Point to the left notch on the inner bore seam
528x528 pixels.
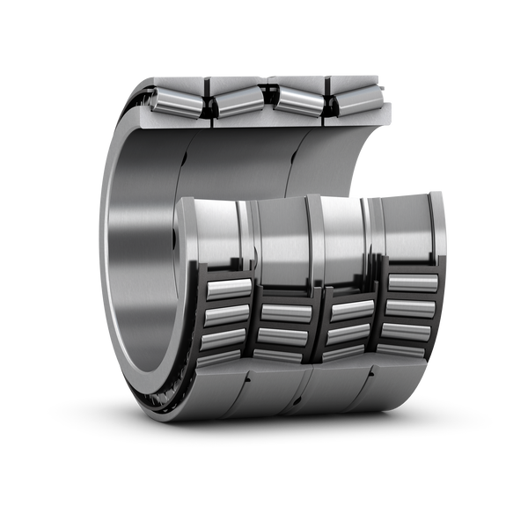pos(186,159)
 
